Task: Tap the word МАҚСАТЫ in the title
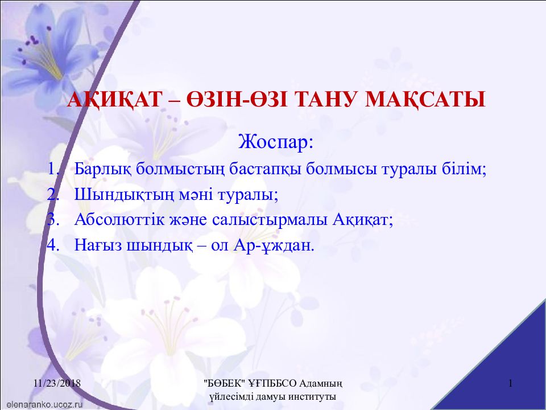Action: (x=425, y=99)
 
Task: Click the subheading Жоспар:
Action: (x=276, y=142)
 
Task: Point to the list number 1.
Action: (x=53, y=169)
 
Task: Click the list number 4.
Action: (x=53, y=245)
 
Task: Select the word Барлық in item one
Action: (x=103, y=170)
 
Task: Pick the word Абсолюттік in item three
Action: (x=119, y=220)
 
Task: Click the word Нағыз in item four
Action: (x=98, y=245)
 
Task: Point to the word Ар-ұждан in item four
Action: (x=272, y=245)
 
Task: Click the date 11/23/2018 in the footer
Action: (x=57, y=383)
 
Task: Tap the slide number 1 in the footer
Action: (x=511, y=383)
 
